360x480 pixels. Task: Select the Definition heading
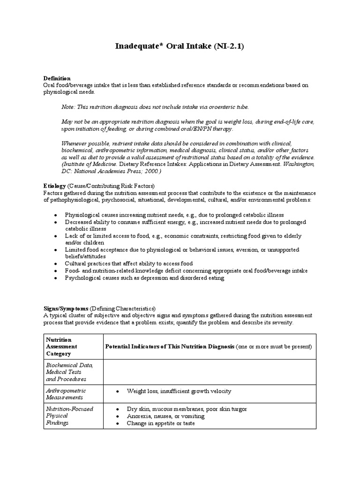(x=57, y=78)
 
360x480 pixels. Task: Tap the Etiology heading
(x=55, y=186)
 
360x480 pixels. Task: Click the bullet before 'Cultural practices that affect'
(x=56, y=264)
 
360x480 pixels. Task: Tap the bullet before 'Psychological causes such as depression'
(x=56, y=278)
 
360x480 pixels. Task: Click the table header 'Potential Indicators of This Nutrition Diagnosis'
(x=170, y=346)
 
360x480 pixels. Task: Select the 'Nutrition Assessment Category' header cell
(x=61, y=346)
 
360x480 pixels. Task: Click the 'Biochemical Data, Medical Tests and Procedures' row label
(x=69, y=372)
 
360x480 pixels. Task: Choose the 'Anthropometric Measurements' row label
(x=66, y=394)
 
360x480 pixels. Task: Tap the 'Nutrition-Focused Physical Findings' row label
(x=69, y=416)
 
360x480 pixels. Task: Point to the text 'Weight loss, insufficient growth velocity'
(x=179, y=391)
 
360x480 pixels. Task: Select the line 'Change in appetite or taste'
(x=160, y=423)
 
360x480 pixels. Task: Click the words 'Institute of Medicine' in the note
(x=90, y=165)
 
